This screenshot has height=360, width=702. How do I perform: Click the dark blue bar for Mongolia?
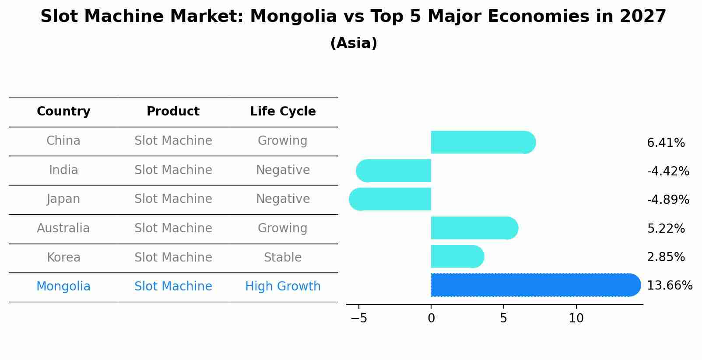point(534,285)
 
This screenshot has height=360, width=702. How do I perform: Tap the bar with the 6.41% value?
point(481,142)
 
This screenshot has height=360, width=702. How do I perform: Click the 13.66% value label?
point(669,286)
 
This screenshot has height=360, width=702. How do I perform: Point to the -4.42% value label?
point(668,171)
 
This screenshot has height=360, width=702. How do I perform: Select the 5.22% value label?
point(666,228)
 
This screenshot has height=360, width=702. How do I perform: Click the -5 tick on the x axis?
point(359,318)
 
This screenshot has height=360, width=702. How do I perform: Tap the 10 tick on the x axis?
point(576,318)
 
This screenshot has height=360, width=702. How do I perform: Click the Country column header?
point(63,112)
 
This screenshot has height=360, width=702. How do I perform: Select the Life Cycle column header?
point(283,112)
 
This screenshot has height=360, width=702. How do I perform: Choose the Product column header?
point(173,112)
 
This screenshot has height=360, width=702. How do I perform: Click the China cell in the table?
point(63,141)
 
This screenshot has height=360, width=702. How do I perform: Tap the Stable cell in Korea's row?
point(283,257)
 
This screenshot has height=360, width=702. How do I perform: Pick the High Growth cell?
point(283,287)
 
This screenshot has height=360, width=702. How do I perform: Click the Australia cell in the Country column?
point(63,228)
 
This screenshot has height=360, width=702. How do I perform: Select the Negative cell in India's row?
point(283,170)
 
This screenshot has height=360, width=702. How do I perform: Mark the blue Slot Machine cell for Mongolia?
point(173,287)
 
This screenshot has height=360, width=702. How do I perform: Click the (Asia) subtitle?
point(354,43)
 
